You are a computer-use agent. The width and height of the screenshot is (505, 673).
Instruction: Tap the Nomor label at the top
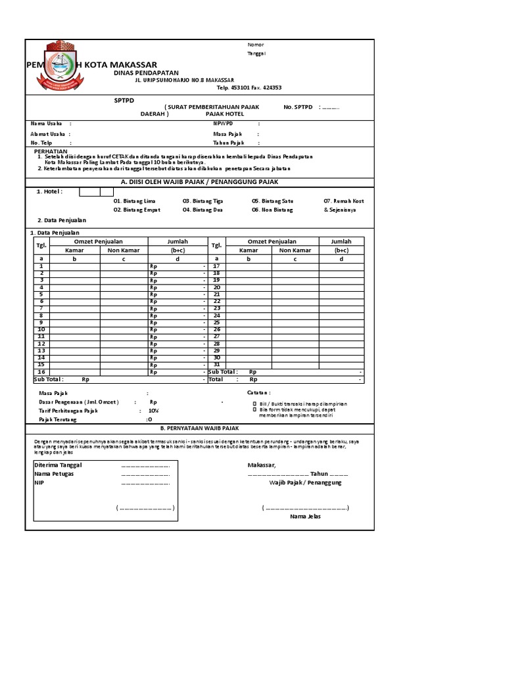255,45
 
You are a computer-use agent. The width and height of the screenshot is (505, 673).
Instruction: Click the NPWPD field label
223,123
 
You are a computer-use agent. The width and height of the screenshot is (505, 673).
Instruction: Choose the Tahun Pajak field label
228,143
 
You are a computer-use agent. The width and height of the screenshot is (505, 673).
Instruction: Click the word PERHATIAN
51,151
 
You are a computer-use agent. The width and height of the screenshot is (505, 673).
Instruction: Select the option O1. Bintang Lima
135,200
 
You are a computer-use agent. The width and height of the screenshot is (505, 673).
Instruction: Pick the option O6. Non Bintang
272,210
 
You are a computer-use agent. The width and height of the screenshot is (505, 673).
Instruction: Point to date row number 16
41,372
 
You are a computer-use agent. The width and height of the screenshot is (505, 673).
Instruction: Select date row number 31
216,365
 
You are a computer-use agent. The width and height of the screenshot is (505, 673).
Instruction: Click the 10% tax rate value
153,410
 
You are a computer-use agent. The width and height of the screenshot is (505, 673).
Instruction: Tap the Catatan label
259,392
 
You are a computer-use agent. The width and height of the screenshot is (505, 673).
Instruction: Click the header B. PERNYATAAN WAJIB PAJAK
200,427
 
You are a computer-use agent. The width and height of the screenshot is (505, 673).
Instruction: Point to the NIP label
39,482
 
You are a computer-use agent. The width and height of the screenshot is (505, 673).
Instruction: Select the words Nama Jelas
305,517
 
